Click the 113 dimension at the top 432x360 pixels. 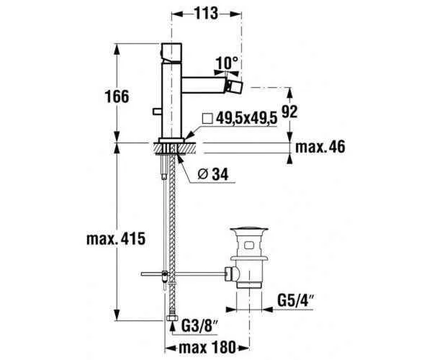pos(207,13)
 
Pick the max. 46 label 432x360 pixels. pos(320,147)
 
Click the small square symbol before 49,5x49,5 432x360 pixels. pos(207,119)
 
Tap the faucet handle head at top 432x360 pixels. pos(176,52)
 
